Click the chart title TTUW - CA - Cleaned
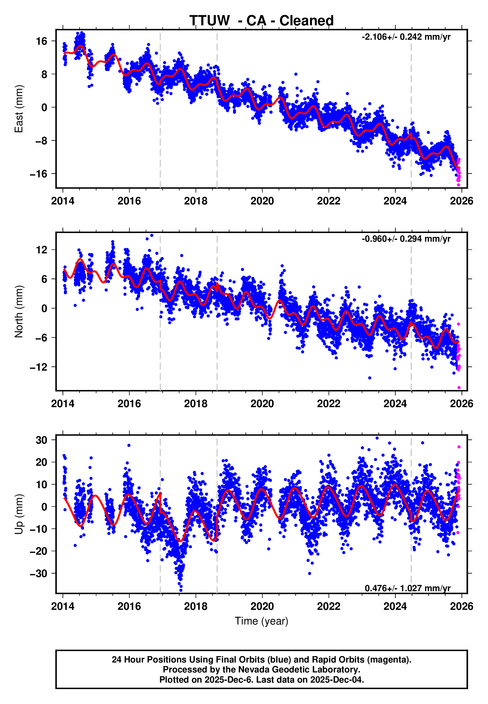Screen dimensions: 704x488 tap(261, 21)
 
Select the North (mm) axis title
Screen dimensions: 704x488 tap(19, 312)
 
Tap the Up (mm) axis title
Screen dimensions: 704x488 tap(19, 514)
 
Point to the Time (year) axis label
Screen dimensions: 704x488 tap(261, 621)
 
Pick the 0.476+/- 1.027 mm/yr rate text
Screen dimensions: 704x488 tap(408, 588)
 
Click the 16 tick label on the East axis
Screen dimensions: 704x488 tap(42, 41)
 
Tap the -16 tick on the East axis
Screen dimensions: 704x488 tap(38, 174)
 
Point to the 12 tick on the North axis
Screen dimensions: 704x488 tap(42, 250)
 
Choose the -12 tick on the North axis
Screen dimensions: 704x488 tap(38, 367)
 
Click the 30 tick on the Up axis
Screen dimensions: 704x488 tap(42, 440)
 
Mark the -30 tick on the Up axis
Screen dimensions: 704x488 tap(38, 574)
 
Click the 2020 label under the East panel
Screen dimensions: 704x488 tap(262, 201)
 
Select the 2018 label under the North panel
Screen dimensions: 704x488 tap(196, 404)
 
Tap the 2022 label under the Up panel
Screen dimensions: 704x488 tap(329, 606)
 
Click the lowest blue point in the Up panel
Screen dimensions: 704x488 tap(181, 590)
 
